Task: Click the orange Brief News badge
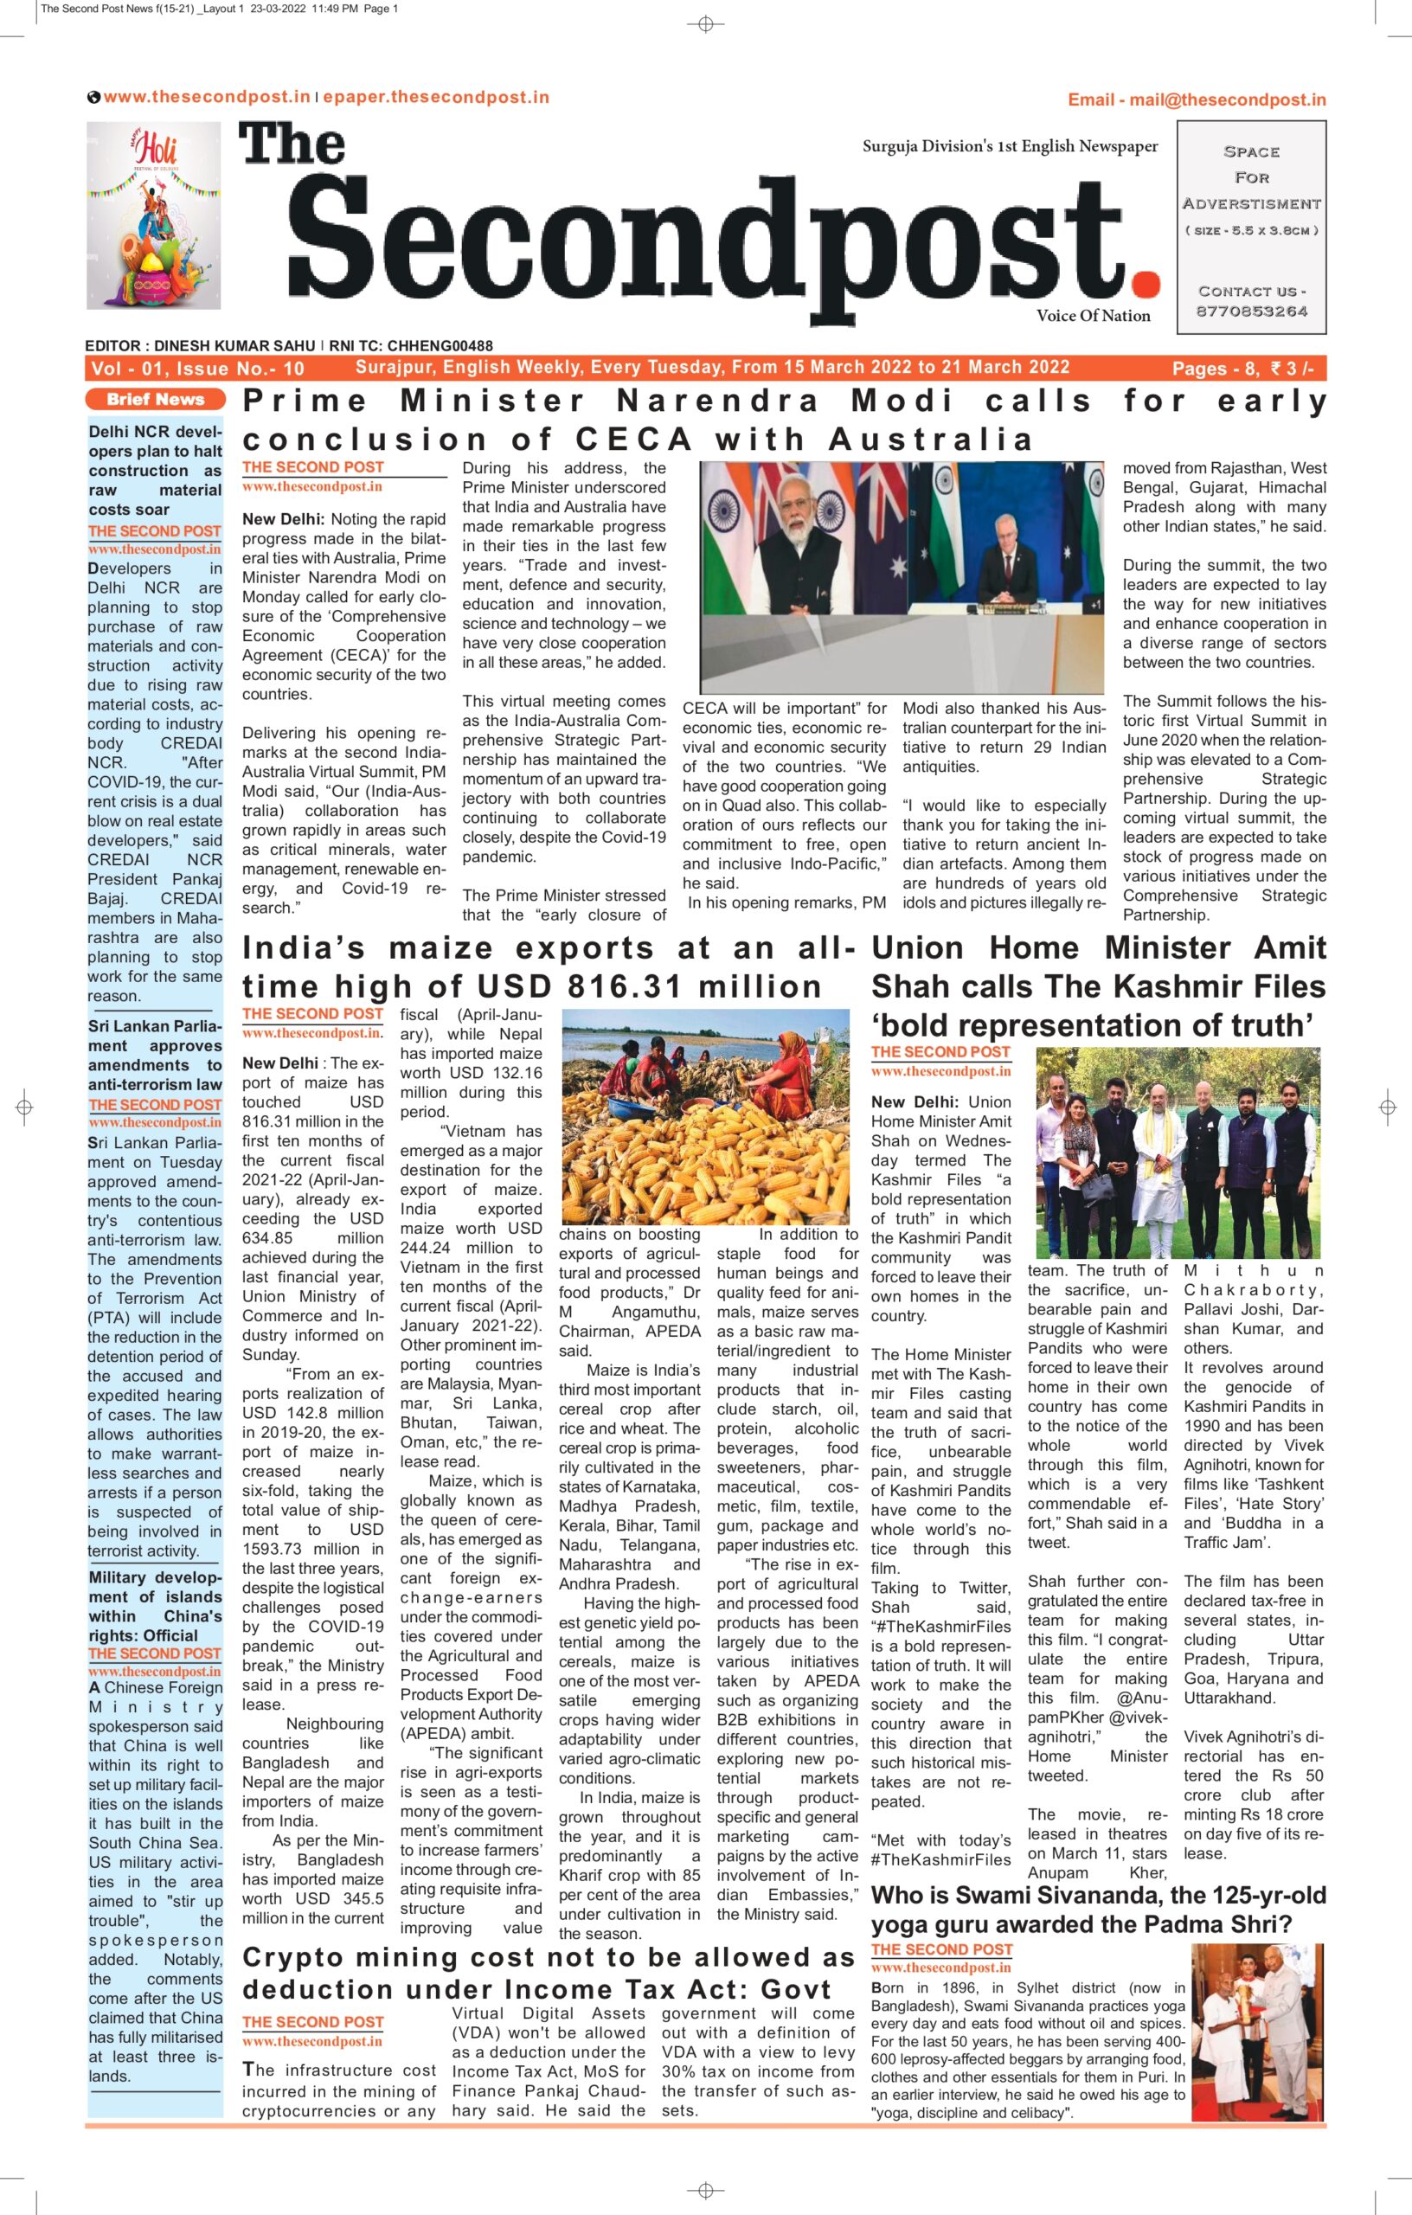click(155, 399)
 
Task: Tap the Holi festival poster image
click(154, 216)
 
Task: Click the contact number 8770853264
click(1251, 311)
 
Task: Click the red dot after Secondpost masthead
click(1147, 281)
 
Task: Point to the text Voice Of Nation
click(1093, 316)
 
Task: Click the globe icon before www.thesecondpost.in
click(93, 98)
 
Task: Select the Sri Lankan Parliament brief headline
click(155, 1055)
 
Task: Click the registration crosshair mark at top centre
click(705, 25)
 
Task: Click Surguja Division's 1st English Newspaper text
click(1010, 147)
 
